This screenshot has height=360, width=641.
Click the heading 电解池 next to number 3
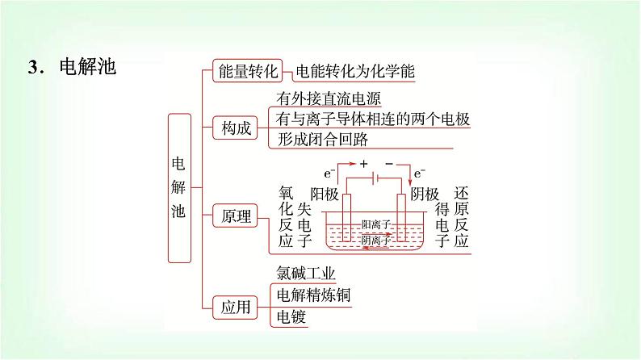coord(88,67)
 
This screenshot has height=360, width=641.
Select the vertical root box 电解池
coord(179,187)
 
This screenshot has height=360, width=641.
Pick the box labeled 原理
coord(237,216)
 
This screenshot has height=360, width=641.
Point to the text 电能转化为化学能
coord(354,72)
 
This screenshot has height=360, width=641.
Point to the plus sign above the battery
coord(352,163)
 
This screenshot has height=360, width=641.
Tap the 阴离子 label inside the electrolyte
coord(376,241)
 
